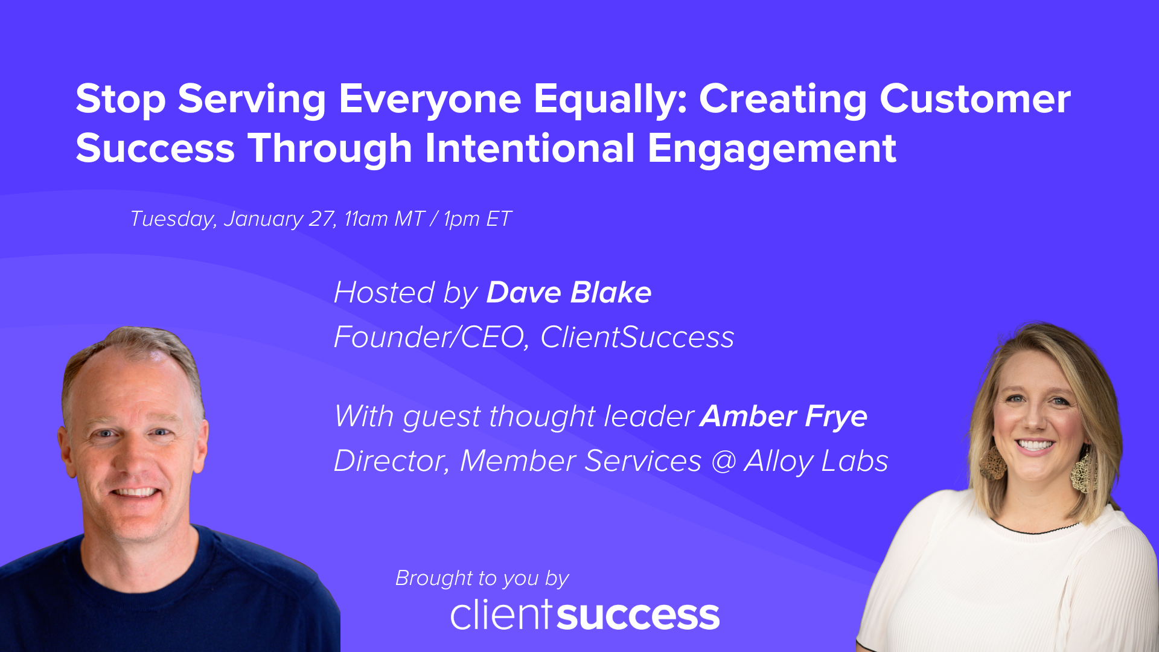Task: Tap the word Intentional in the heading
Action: (529, 149)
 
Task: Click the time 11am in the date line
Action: (366, 219)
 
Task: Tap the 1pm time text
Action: (462, 219)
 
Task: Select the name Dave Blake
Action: (569, 293)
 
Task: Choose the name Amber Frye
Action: (784, 417)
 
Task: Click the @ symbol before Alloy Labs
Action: (723, 461)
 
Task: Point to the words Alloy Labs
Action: (816, 461)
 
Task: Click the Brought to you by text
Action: (482, 578)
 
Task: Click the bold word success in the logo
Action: (638, 616)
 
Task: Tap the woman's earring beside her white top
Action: (1084, 471)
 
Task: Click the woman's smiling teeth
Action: (1035, 446)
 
